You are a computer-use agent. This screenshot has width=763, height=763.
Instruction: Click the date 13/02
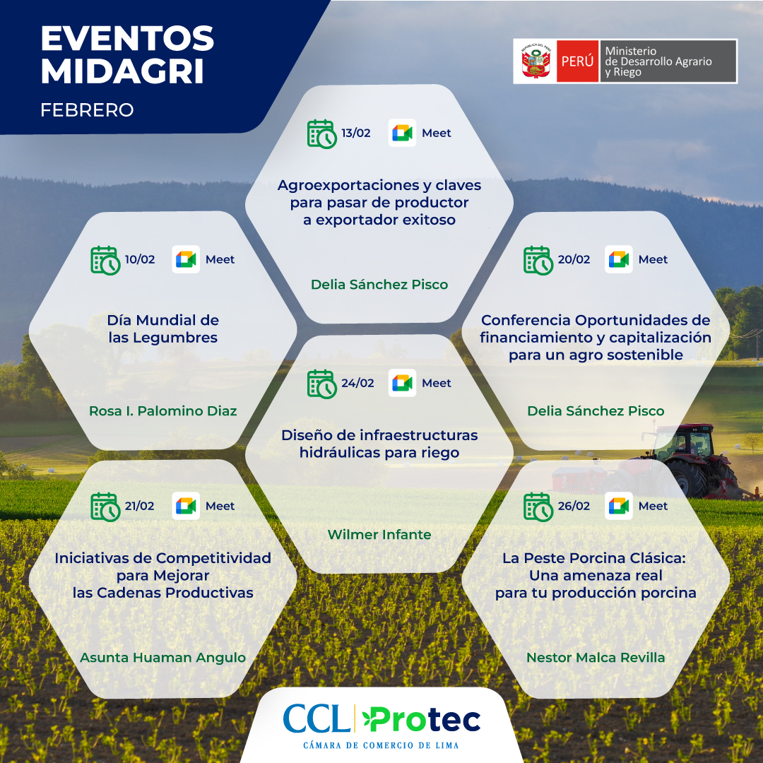(355, 133)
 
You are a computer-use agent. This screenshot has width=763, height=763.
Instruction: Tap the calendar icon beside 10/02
(105, 260)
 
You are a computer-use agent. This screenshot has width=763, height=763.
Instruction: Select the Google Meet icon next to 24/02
(402, 383)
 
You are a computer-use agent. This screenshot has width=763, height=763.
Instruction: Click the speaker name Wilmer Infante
(379, 534)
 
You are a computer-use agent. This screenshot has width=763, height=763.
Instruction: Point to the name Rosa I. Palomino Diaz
(162, 410)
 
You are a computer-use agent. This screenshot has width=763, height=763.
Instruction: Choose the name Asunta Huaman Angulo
(162, 658)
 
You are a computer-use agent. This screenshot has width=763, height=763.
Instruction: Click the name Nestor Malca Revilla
(596, 658)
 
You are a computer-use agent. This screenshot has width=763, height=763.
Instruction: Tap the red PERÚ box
(577, 61)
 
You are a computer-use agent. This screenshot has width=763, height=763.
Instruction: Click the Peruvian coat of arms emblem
(536, 61)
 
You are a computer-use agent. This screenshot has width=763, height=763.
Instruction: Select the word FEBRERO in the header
(87, 110)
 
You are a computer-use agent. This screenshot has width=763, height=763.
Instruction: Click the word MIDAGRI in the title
(122, 71)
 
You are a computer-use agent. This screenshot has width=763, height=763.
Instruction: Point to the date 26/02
(574, 506)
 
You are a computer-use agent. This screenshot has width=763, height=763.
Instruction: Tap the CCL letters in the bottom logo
(317, 718)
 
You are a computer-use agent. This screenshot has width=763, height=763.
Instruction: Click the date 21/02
(139, 506)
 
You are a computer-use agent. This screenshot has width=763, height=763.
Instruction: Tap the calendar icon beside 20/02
(538, 260)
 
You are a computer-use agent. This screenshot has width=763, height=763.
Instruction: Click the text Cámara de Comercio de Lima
(381, 745)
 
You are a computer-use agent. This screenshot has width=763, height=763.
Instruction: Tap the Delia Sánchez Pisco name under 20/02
(596, 410)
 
